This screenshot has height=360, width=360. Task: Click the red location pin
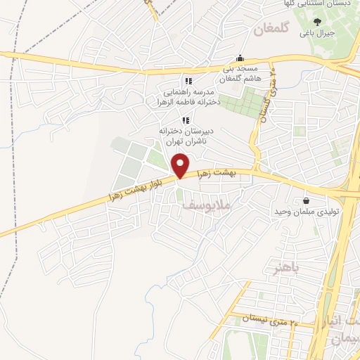[x=181, y=166]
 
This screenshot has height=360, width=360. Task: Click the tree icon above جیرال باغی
[x=317, y=21]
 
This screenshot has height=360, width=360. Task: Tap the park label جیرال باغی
[x=317, y=33]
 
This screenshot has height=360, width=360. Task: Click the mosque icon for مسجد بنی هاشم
[x=241, y=58]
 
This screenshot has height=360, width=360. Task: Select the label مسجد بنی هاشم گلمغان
[x=241, y=74]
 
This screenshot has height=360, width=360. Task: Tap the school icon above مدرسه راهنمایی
[x=188, y=81]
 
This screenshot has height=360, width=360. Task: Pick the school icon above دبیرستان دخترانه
[x=186, y=120]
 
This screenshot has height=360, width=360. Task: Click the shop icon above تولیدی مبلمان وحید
[x=306, y=200]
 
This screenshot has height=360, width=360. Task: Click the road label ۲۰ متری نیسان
[x=271, y=319]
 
